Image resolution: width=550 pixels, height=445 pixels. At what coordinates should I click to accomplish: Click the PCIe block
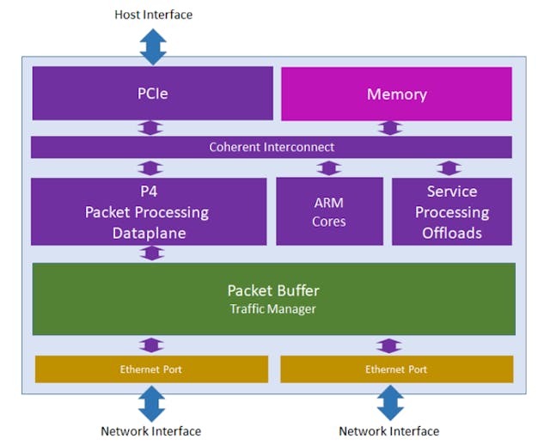[x=152, y=94]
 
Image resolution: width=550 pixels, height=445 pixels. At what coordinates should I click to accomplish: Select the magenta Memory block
[x=396, y=94]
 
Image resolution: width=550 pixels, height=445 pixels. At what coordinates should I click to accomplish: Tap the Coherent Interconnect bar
[x=272, y=147]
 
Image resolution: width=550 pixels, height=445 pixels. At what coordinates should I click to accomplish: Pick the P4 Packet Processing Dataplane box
[x=148, y=211]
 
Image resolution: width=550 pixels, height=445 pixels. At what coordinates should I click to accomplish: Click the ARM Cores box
[x=329, y=211]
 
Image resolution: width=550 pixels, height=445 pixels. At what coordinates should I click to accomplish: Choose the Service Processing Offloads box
[x=451, y=211]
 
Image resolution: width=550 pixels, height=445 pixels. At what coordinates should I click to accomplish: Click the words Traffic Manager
[x=272, y=308]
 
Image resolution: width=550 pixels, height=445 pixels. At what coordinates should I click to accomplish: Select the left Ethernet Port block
[x=151, y=369]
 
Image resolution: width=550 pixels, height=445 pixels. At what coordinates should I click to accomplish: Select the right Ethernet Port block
[x=396, y=369]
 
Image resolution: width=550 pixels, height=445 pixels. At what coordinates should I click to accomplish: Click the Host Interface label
[x=153, y=15]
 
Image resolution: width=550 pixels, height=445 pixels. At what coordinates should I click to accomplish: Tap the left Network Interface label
[x=151, y=431]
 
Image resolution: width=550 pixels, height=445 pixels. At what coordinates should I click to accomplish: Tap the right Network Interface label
[x=388, y=431]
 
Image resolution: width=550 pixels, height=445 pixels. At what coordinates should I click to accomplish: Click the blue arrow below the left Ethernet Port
[x=151, y=403]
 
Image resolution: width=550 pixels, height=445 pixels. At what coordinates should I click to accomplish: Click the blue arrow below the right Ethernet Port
[x=389, y=403]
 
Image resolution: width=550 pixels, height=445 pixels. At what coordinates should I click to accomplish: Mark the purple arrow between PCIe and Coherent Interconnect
[x=152, y=128]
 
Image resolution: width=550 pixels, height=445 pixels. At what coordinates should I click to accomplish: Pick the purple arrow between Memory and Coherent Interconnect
[x=389, y=128]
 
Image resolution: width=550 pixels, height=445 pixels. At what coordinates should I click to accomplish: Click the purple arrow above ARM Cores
[x=328, y=168]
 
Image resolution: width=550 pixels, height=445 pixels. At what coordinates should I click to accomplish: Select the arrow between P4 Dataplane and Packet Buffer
[x=152, y=253]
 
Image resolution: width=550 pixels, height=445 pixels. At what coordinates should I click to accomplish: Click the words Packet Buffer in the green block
[x=272, y=290]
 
